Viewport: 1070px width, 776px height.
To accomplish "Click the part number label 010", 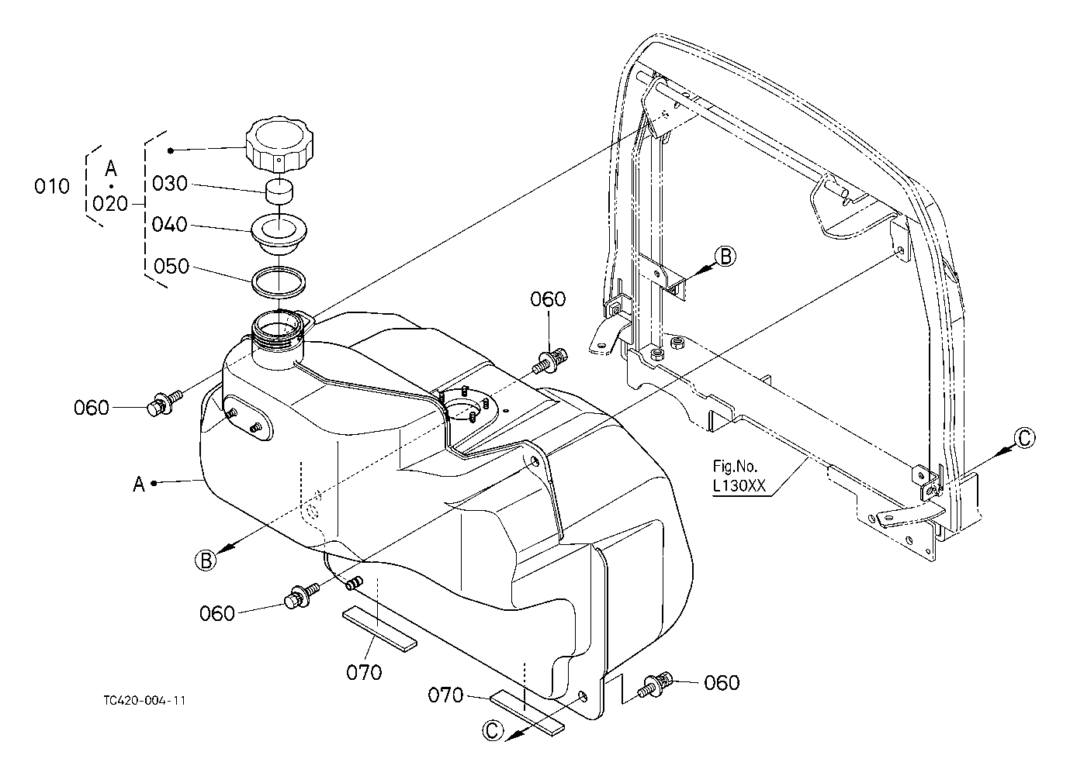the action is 51,186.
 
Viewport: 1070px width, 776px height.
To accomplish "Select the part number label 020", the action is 110,204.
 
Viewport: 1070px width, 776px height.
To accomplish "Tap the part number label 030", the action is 170,184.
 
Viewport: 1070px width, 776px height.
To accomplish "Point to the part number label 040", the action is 170,225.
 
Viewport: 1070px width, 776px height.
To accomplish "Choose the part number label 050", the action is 171,267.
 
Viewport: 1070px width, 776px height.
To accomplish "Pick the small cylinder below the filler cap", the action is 279,191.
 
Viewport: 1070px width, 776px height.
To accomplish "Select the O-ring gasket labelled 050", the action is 279,282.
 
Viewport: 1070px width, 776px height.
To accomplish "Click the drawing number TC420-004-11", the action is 145,701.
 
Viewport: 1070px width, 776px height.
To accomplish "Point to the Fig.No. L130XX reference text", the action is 739,476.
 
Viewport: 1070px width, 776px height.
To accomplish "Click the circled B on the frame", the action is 725,257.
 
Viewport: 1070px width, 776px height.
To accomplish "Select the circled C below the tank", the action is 493,730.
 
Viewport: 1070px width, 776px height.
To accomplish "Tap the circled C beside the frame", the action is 1024,438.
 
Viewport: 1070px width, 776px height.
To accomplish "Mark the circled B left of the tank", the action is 206,560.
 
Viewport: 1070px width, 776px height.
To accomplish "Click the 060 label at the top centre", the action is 548,299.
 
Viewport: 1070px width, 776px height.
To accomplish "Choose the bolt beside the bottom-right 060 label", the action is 655,685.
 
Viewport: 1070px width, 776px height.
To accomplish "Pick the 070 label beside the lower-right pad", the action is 445,695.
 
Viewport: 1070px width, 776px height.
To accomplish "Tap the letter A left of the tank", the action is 139,485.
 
